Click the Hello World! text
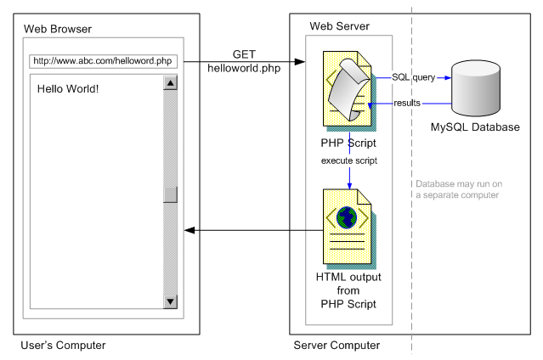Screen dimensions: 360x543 point(69,87)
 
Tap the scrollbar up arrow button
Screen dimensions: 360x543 point(170,83)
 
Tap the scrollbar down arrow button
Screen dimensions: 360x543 point(170,301)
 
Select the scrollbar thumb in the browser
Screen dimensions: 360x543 point(170,194)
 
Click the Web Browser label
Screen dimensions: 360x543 point(58,29)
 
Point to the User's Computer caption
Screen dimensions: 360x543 point(63,346)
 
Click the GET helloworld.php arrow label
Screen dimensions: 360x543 point(244,60)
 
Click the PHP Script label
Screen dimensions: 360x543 point(349,143)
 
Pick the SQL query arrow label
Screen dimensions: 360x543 point(413,77)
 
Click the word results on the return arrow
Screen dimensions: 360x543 point(407,103)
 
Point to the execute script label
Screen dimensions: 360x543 point(349,160)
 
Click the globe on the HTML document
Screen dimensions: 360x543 point(346,219)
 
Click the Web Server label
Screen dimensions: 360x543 point(337,26)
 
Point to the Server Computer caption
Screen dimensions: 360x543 point(337,346)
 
